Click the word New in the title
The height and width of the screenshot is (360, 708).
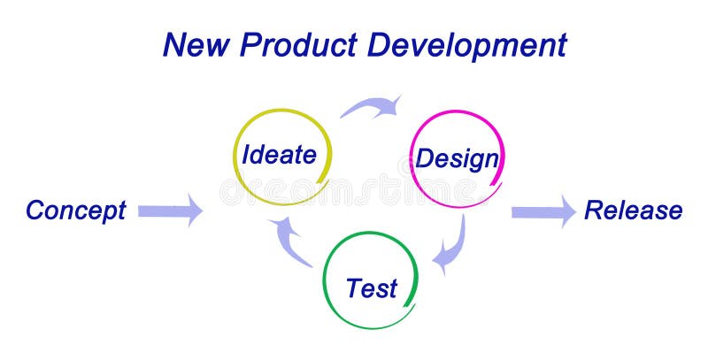(194, 43)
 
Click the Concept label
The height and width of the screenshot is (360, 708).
(76, 211)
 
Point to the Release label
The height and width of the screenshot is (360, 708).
(633, 211)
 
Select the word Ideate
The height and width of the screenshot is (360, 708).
(280, 156)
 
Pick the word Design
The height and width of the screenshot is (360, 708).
(457, 159)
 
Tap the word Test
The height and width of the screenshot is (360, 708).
(372, 288)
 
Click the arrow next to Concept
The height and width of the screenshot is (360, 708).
(170, 211)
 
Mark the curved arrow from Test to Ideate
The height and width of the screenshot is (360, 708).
(291, 241)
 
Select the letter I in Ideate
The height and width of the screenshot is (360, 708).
(247, 156)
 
